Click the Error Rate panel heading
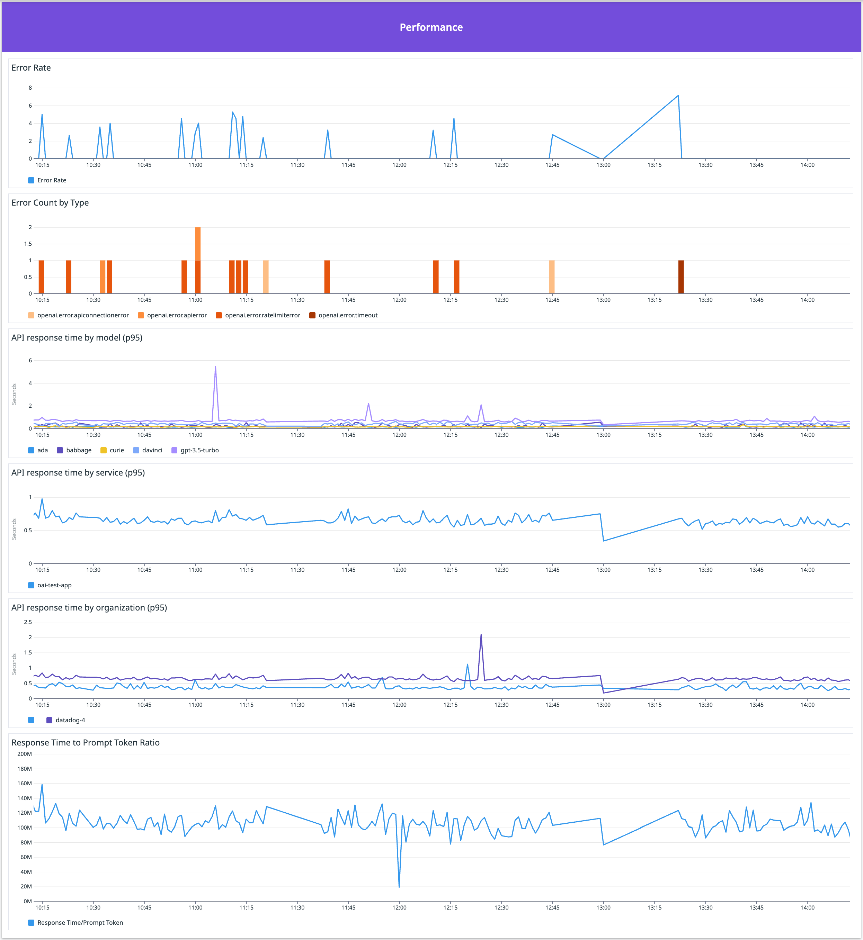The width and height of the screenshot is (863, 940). (31, 68)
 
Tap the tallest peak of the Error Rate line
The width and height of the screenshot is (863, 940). (678, 96)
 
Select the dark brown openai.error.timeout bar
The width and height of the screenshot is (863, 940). (680, 277)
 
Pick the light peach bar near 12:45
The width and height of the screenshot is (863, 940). (552, 277)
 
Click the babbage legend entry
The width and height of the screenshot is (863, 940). (79, 450)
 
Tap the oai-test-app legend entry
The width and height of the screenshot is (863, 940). (54, 585)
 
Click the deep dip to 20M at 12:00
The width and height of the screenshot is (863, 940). (399, 886)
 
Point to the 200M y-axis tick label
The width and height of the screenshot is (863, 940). (25, 754)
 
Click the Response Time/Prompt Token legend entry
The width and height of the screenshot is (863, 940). (80, 922)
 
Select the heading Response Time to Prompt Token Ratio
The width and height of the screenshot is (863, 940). (86, 743)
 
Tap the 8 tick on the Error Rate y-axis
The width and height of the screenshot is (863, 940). (30, 88)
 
